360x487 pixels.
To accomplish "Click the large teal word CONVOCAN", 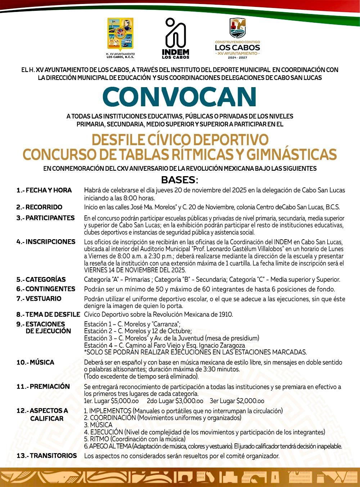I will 179,97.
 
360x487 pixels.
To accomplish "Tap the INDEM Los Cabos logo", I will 175,39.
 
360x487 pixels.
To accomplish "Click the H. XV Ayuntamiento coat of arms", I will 121,35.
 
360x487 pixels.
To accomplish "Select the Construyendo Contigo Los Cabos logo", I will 237,39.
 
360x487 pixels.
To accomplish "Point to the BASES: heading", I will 179,179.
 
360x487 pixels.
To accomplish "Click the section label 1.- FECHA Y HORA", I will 44,190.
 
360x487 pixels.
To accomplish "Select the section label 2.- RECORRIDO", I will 39,207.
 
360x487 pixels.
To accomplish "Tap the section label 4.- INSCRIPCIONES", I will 46,242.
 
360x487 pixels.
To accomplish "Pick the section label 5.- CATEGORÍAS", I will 41,280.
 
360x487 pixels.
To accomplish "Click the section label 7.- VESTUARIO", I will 39,299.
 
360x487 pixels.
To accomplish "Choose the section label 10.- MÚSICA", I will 35,362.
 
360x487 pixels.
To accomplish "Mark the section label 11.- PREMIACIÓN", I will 43,387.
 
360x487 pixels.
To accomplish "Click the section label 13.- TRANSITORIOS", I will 47,456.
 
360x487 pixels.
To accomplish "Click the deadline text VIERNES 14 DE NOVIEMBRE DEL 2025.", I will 135,270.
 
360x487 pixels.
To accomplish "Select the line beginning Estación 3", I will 171,338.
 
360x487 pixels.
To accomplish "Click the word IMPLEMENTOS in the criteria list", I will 110,411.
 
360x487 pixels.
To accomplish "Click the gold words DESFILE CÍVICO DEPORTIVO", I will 180,139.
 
